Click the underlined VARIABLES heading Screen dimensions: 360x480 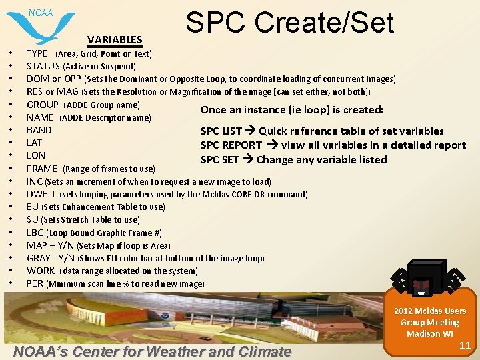click(114, 40)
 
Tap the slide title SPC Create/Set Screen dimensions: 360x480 click(290, 22)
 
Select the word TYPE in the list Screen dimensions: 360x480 click(37, 53)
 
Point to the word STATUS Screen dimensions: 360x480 click(43, 66)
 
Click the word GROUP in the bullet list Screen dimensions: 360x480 click(42, 105)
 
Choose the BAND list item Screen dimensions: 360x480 click(39, 130)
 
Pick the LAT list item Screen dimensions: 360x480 click(34, 143)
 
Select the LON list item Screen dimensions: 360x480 click(35, 155)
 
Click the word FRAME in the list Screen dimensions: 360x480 click(42, 169)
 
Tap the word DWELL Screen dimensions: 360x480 click(41, 194)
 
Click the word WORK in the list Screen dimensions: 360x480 click(40, 271)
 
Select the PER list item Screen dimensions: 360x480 click(35, 283)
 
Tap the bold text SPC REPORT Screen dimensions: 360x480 click(231, 145)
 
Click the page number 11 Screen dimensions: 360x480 click(465, 345)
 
